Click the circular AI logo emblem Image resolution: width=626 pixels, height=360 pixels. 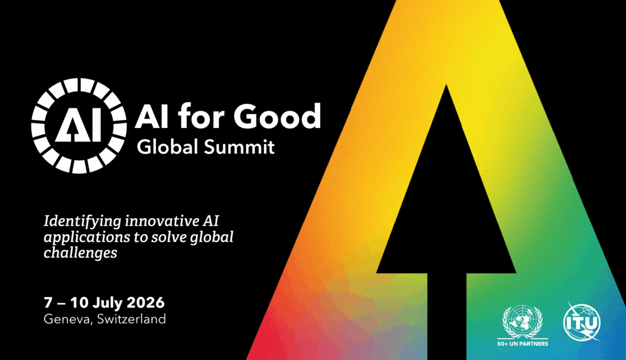[79, 126]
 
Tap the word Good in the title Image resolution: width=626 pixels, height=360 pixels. [277, 116]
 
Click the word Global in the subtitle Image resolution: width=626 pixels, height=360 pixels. [168, 146]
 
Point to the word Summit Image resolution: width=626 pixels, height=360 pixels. [239, 147]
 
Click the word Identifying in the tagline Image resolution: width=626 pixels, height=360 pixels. [83, 222]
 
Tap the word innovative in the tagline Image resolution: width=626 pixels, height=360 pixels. [162, 221]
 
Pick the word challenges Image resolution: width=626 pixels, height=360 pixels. [80, 253]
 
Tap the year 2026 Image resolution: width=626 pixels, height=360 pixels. [146, 302]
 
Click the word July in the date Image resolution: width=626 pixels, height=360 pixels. [107, 303]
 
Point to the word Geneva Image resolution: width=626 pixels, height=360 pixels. [69, 319]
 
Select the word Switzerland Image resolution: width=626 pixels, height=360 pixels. [131, 319]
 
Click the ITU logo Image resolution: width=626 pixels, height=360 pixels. [582, 322]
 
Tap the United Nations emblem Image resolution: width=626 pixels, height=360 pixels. [522, 321]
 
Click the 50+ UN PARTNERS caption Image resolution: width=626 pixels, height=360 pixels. [522, 343]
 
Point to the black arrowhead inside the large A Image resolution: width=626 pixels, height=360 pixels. [447, 179]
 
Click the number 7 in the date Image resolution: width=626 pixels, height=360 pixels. [48, 303]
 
